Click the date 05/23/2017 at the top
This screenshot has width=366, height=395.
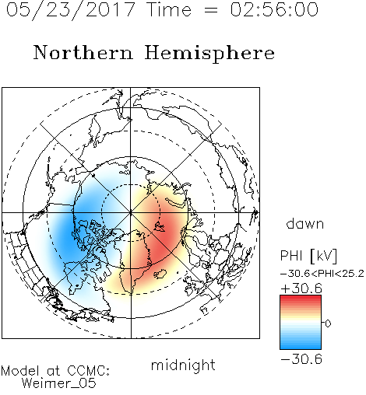[71, 10]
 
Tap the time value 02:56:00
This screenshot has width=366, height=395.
[274, 9]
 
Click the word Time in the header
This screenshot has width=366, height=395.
[169, 9]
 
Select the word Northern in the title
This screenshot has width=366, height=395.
[83, 52]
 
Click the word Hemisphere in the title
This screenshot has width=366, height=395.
[209, 53]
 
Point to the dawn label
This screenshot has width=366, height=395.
[305, 223]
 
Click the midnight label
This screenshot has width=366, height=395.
[183, 365]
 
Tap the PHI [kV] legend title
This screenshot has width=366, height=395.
[308, 256]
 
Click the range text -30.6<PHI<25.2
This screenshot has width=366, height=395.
[322, 274]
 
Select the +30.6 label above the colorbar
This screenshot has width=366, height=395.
[301, 288]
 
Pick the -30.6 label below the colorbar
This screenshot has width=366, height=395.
[301, 359]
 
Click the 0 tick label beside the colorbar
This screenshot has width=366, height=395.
[328, 323]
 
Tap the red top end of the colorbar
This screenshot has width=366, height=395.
[301, 298]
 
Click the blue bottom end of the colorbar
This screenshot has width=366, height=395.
[301, 347]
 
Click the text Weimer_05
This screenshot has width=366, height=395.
[59, 383]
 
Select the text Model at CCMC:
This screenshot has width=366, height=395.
[55, 371]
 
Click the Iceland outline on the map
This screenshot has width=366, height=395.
[160, 274]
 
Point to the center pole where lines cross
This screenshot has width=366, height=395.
[131, 212]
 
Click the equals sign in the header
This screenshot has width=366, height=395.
[211, 10]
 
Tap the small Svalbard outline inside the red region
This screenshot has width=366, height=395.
[160, 227]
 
